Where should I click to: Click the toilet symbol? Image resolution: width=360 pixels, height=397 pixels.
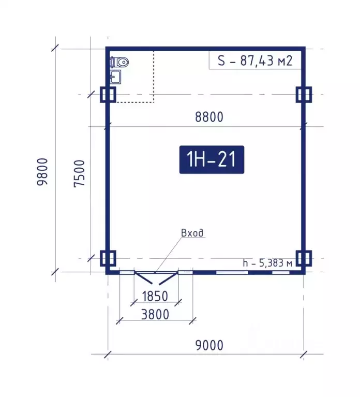(x=119, y=62)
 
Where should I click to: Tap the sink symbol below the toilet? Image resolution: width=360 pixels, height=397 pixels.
(x=116, y=77)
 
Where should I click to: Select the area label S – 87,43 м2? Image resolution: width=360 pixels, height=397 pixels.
(x=255, y=61)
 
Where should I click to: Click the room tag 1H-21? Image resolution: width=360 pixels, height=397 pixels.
(x=212, y=159)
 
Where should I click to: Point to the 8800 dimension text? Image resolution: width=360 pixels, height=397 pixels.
(x=209, y=117)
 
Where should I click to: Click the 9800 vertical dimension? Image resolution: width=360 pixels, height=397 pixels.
(x=42, y=172)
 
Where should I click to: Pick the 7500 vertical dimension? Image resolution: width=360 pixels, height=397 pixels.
(x=79, y=174)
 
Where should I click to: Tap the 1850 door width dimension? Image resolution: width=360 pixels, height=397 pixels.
(x=155, y=296)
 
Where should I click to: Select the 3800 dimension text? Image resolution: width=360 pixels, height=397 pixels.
(x=155, y=315)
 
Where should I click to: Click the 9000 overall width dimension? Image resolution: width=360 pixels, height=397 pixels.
(x=209, y=345)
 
